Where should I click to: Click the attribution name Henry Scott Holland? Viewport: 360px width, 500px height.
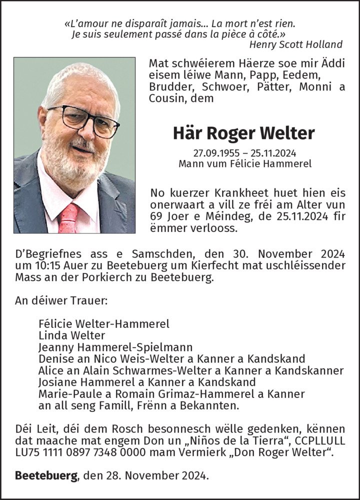click(x=295, y=44)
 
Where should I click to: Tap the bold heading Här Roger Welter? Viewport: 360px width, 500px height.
click(x=244, y=133)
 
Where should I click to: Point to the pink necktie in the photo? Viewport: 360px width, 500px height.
click(x=68, y=218)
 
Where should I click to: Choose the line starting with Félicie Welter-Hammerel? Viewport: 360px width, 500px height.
click(x=104, y=323)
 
